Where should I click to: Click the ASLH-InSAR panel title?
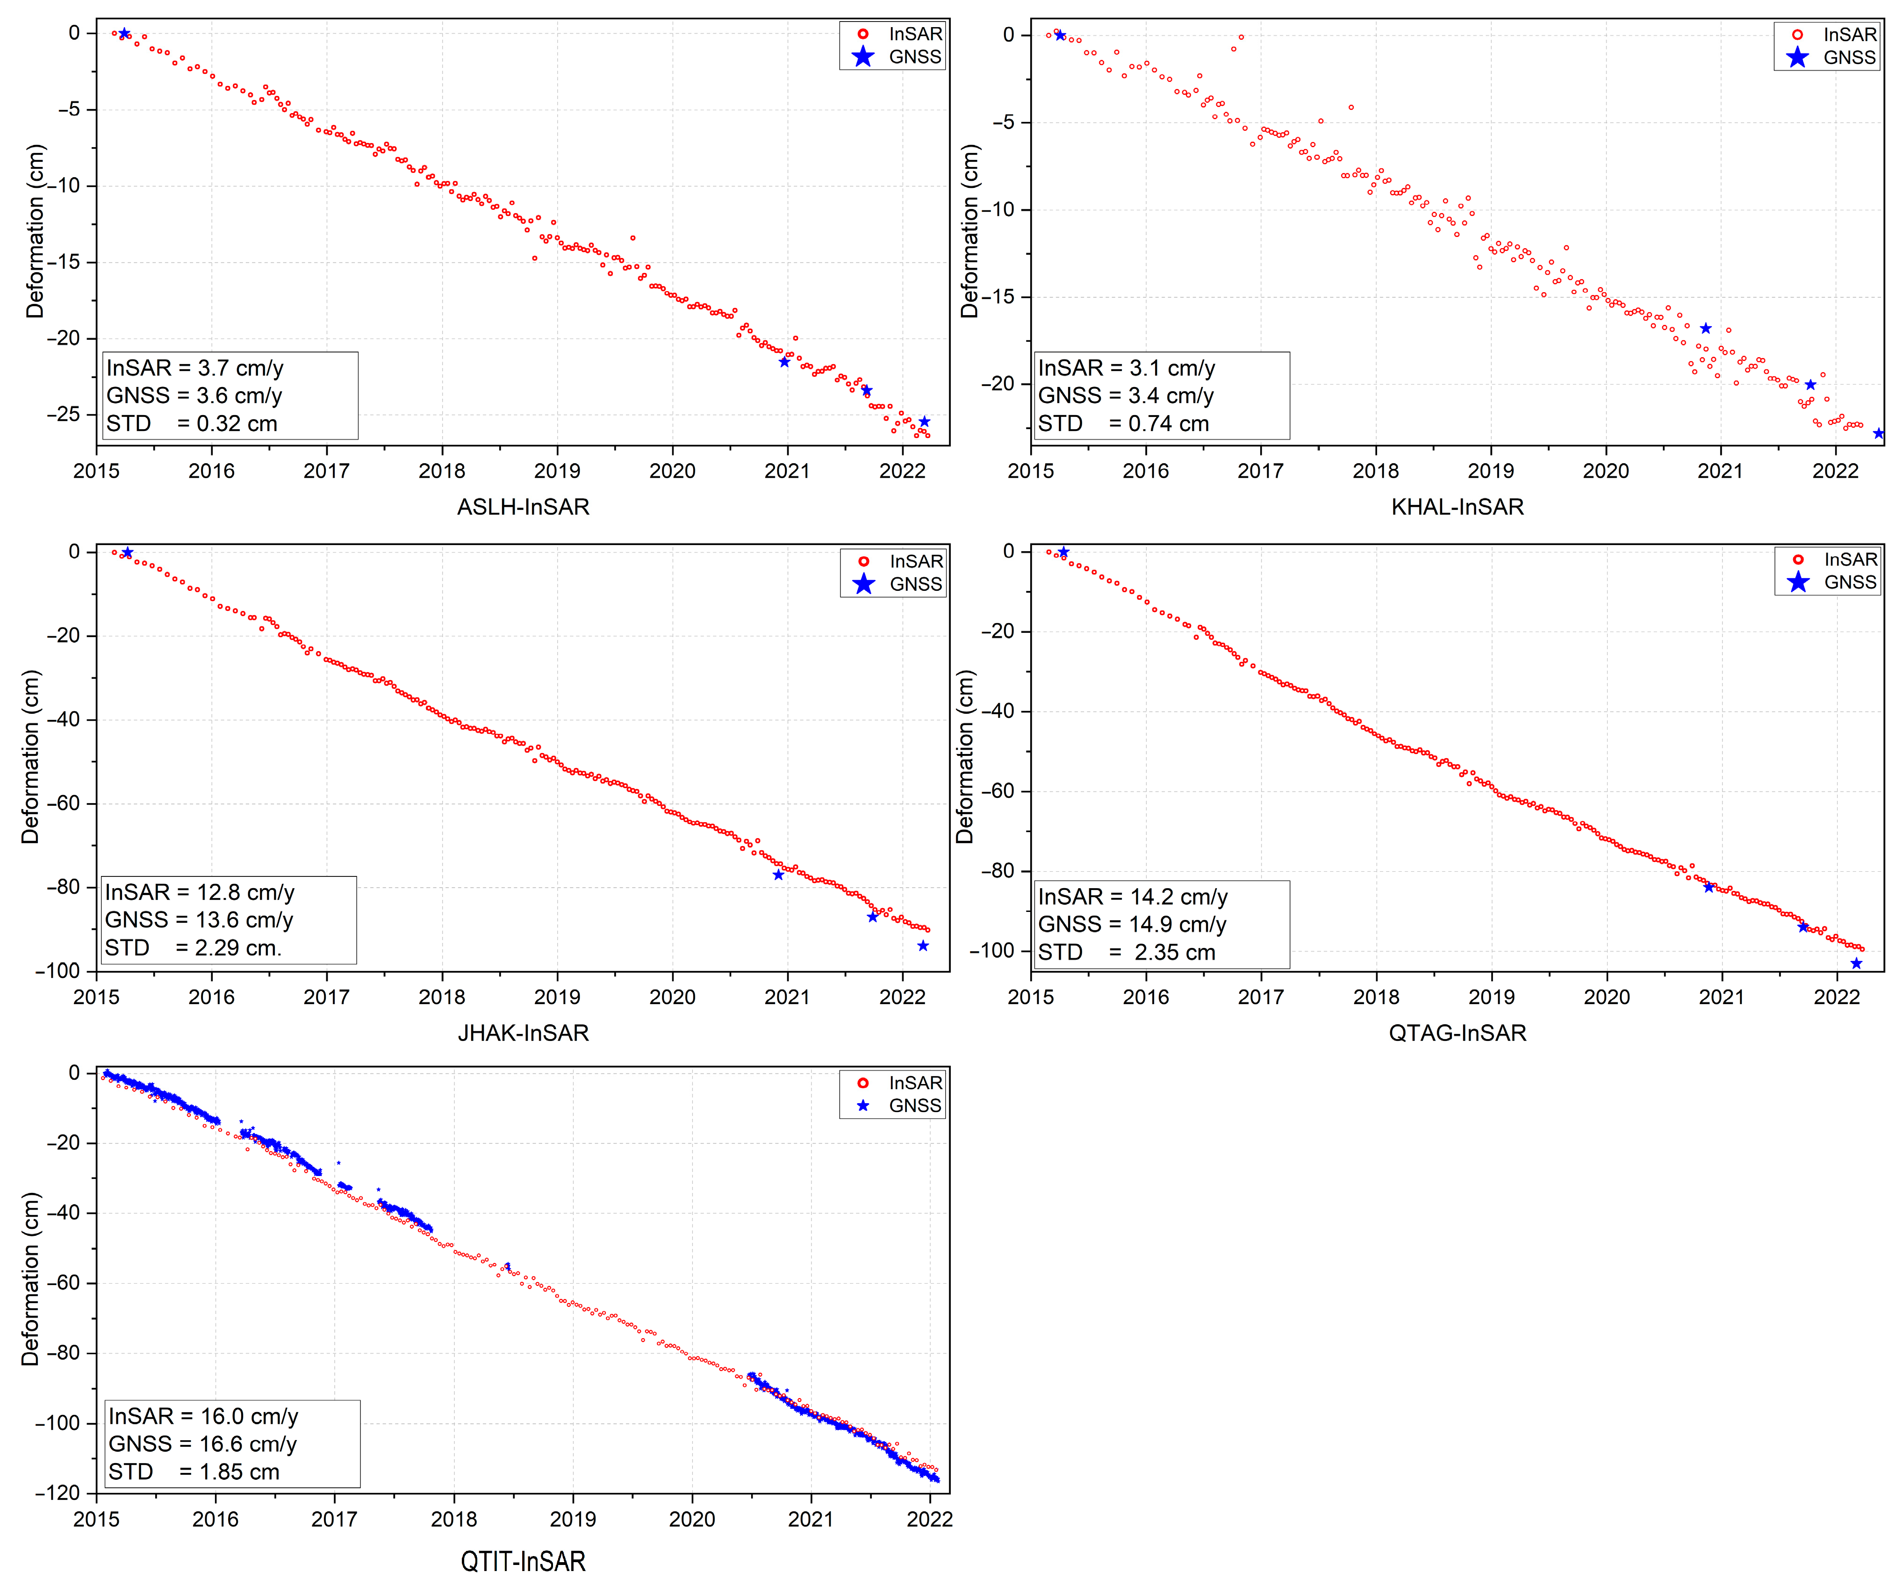click(x=523, y=507)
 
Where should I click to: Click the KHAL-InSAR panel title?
click(x=1457, y=507)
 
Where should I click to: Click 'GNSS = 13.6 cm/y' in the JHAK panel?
click(x=199, y=920)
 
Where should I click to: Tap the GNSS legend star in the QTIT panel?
click(x=863, y=1105)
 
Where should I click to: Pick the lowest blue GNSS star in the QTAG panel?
click(x=1856, y=963)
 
